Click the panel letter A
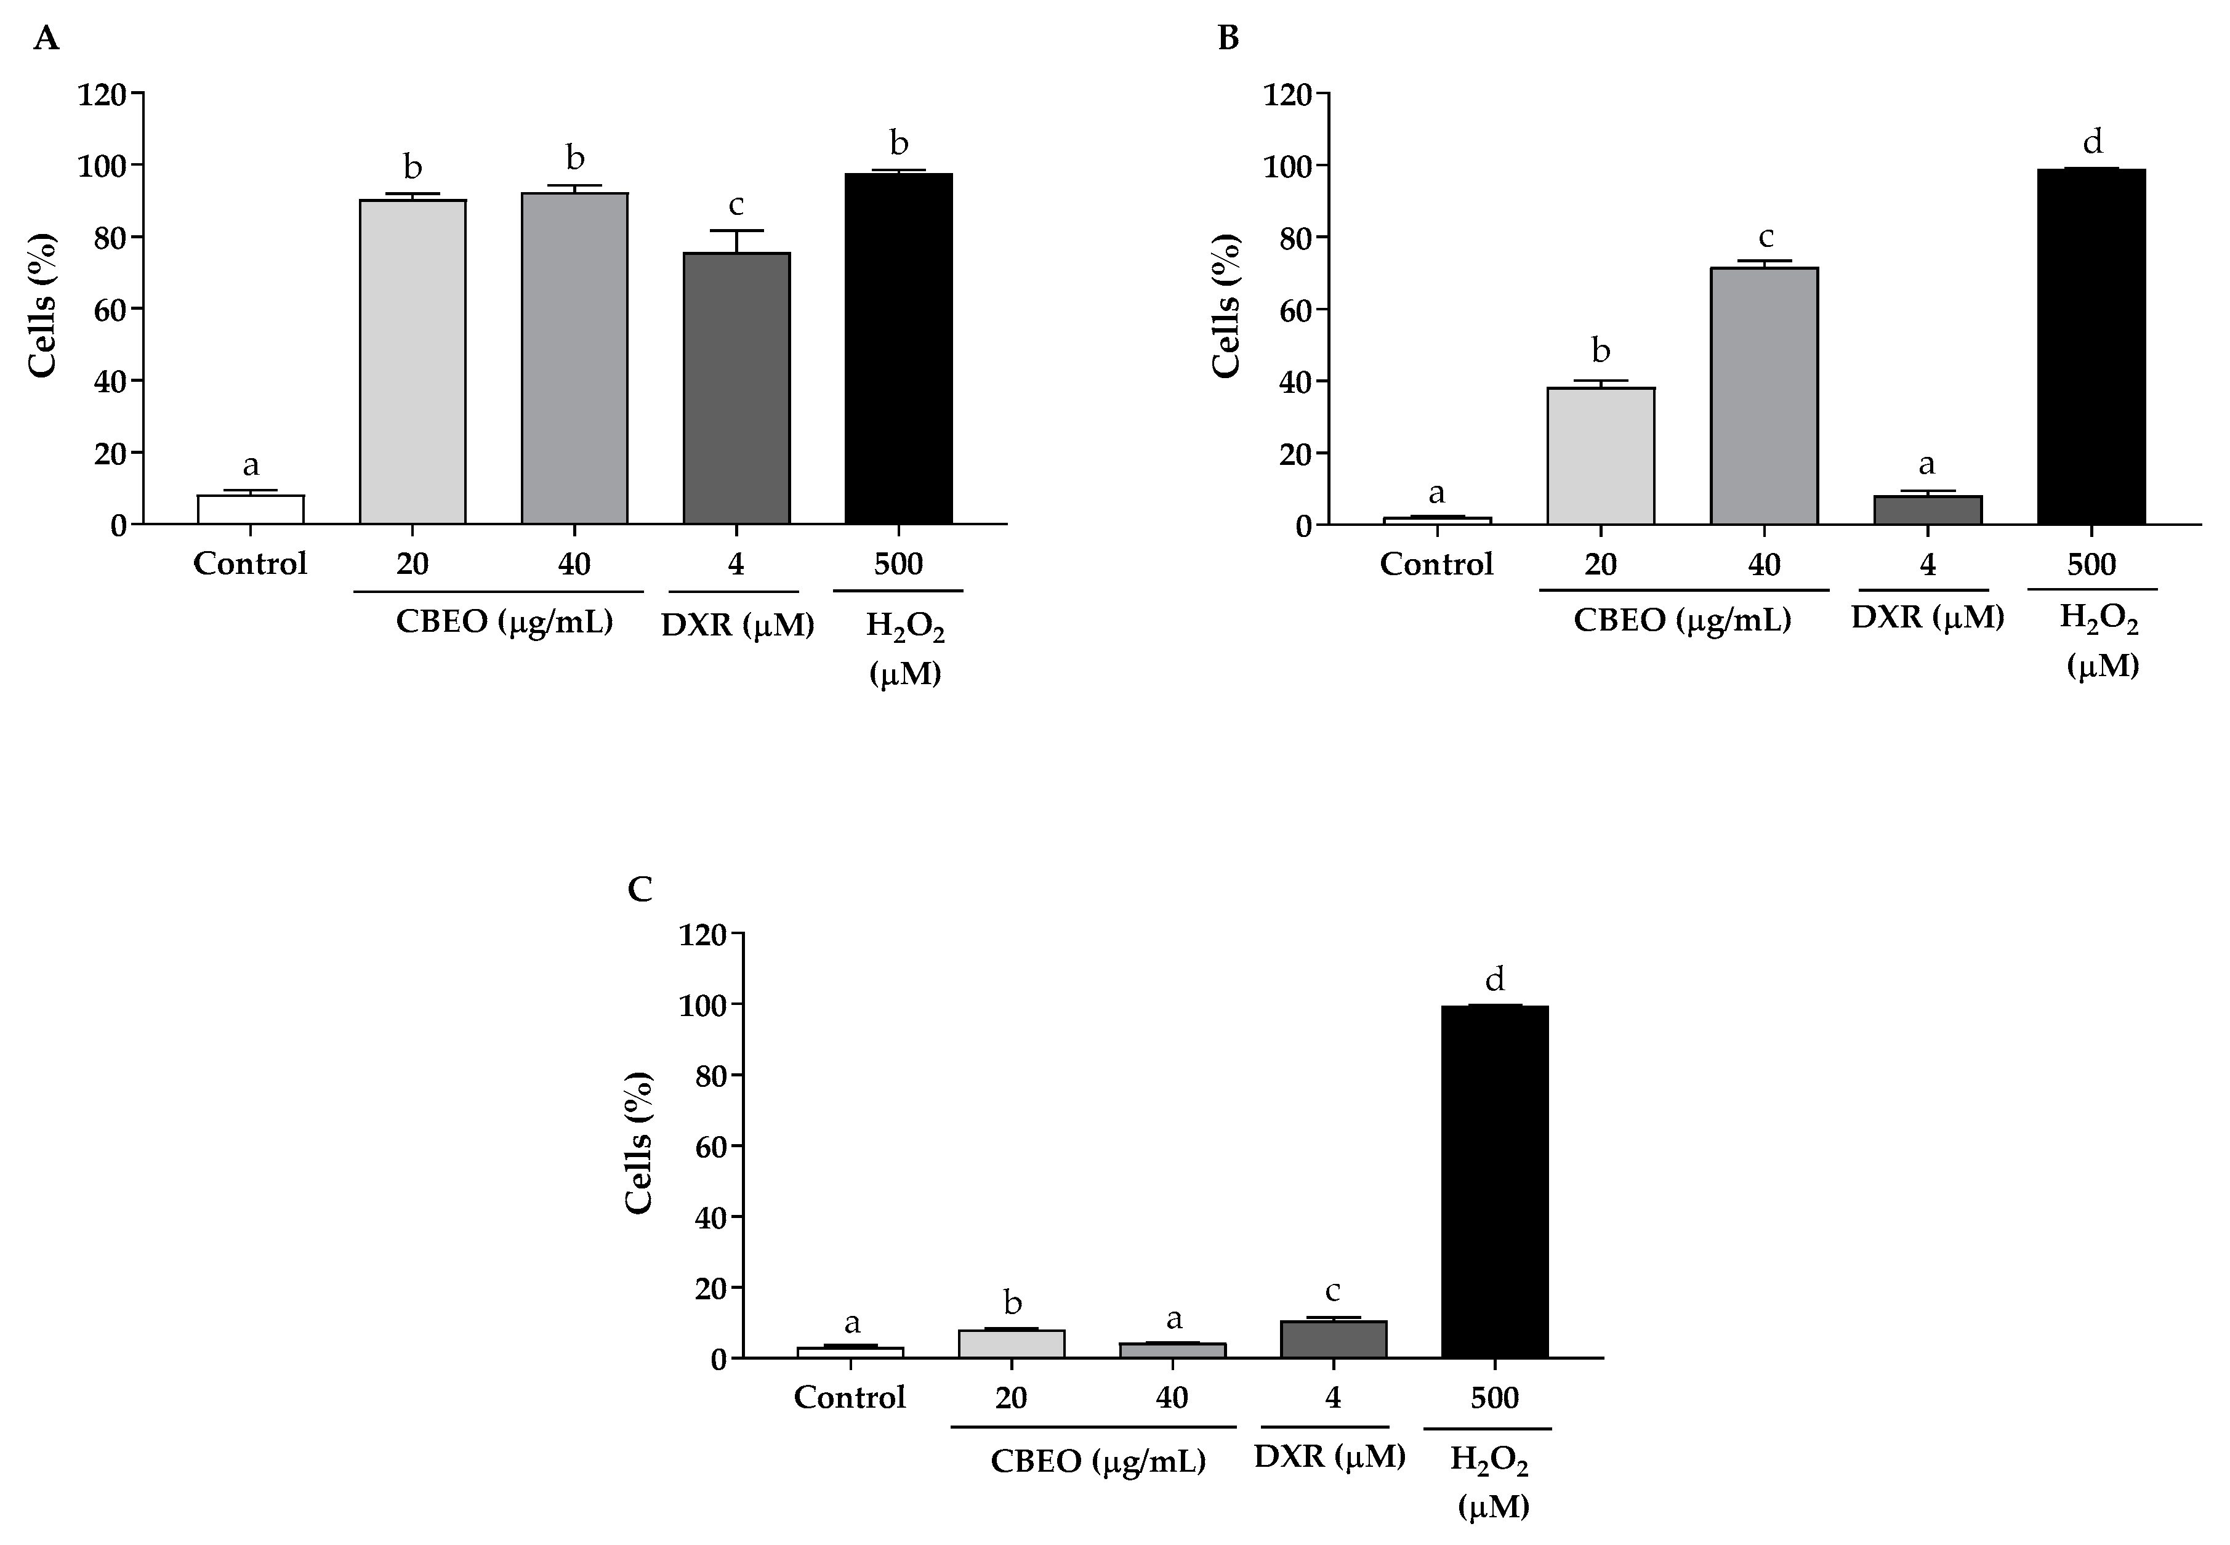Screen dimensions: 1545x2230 46,39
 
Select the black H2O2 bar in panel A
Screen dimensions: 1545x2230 898,349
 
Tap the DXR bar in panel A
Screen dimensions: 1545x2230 736,388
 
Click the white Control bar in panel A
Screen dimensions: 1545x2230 251,509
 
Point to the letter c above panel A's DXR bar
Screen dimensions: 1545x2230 736,204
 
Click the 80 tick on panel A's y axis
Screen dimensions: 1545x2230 110,237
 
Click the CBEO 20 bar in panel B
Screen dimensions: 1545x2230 1601,456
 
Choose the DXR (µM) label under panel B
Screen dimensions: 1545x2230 1927,616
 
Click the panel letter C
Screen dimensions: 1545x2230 640,889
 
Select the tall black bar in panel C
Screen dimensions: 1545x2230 1494,1181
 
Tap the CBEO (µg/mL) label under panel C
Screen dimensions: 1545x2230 1098,1461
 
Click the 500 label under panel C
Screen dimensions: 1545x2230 1494,1398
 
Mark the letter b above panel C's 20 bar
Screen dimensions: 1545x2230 1012,1302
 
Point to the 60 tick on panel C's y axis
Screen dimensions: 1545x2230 709,1146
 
